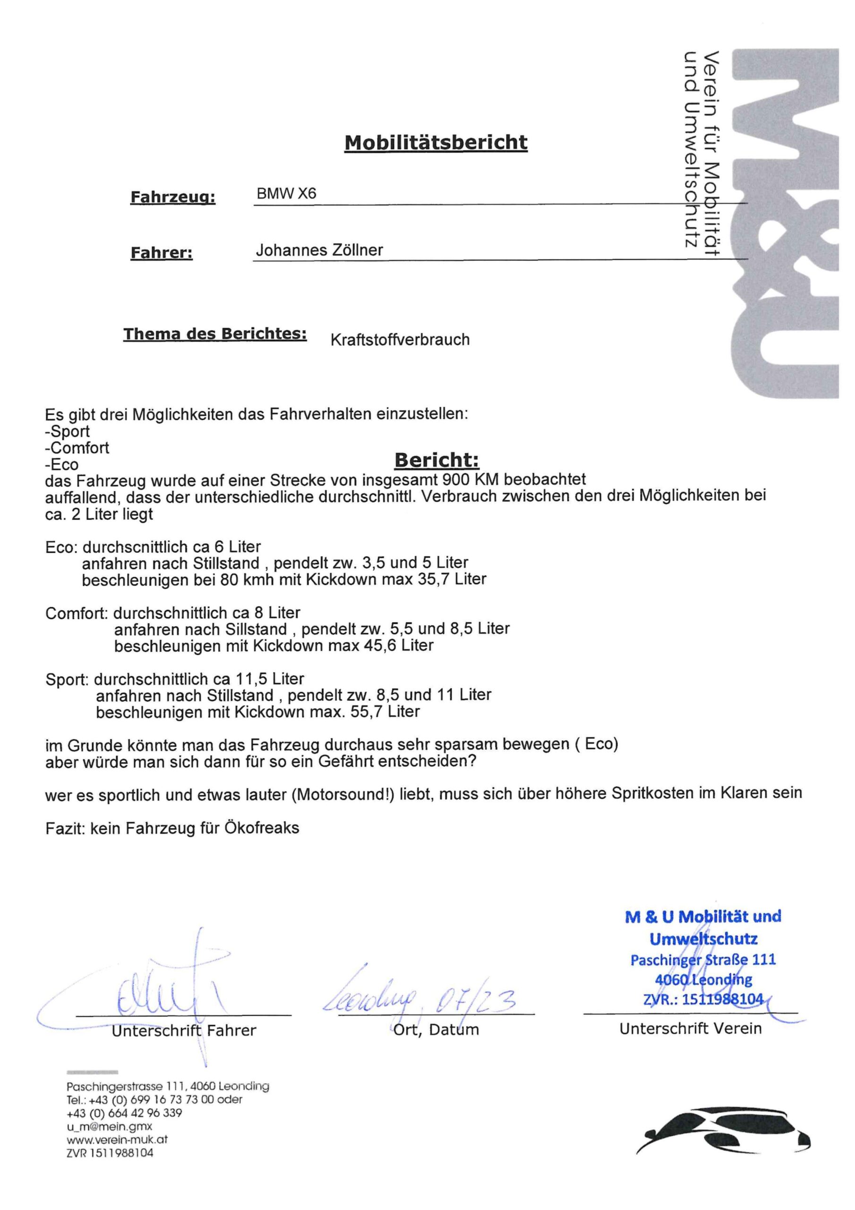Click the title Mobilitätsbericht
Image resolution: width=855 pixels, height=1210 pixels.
pos(436,142)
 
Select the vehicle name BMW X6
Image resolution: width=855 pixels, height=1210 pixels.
pos(286,193)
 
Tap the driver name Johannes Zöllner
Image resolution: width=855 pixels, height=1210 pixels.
pos(319,250)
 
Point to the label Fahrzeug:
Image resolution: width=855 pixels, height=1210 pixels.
pos(173,198)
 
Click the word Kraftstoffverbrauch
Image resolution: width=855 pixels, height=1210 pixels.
pos(400,339)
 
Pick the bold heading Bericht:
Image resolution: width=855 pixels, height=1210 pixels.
pos(437,460)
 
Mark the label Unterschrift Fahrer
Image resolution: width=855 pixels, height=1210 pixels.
pos(184,1030)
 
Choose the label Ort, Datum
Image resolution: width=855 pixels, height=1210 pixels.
pos(436,1030)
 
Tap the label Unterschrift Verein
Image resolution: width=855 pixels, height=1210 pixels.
pos(690,1028)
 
